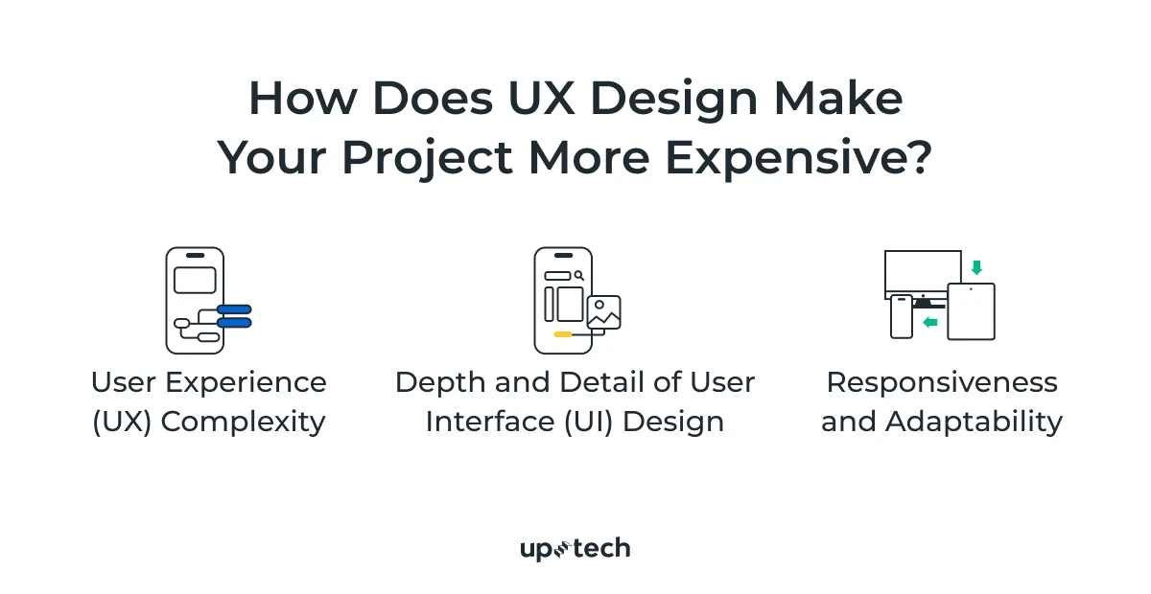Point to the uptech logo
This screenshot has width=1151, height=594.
point(575,549)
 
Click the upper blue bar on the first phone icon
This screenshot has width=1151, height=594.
point(234,309)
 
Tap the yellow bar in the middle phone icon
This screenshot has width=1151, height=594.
point(564,334)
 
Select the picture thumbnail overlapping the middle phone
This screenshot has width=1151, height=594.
point(603,312)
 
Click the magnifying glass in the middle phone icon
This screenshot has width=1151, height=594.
point(579,276)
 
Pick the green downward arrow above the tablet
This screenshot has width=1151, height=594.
point(976,267)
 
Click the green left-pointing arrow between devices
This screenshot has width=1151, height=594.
point(929,323)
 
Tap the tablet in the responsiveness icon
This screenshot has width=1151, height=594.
point(971,311)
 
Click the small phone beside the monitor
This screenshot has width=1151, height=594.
point(902,316)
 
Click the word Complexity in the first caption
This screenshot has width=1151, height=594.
point(243,422)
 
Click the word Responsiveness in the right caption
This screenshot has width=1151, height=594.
point(942,382)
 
